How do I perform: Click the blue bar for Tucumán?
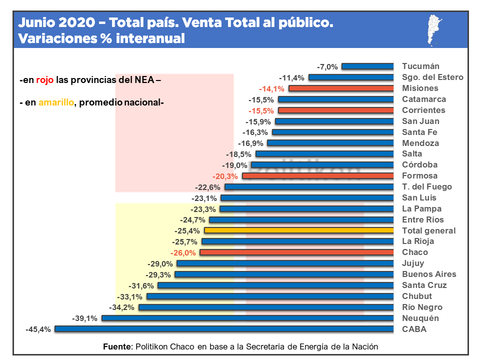368,66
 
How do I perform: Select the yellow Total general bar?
299,230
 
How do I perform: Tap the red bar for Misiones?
341,88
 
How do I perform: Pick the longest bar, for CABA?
224,329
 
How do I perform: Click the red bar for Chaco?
297,252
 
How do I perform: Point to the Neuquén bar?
248,318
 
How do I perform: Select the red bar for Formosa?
318,176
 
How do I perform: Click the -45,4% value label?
38,329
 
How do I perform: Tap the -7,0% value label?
327,66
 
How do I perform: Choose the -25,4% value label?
187,231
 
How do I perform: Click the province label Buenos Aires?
429,274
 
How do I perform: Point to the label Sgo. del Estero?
432,77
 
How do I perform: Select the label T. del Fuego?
426,186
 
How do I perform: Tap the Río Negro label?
422,307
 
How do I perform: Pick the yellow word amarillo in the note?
56,102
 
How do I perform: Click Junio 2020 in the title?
55,23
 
